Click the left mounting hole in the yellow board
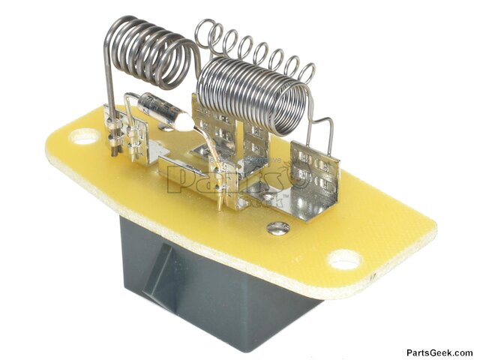(85, 136)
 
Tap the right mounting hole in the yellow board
(346, 260)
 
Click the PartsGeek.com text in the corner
(439, 352)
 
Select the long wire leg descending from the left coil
(110, 90)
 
